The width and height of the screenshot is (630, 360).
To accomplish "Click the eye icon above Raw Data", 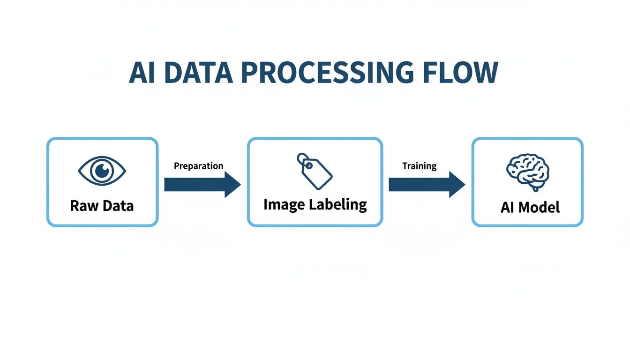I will click(x=102, y=171).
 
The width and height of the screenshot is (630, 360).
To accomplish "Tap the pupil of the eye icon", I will click(x=102, y=171).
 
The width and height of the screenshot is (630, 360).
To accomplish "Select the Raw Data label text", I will click(x=102, y=205).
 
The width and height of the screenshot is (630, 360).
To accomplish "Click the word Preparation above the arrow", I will click(x=198, y=166).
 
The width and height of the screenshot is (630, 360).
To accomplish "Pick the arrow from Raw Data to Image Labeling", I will click(x=202, y=185).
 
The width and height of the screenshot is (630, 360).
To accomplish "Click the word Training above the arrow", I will click(x=419, y=166).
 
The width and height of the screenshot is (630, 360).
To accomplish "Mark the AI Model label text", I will click(x=530, y=207).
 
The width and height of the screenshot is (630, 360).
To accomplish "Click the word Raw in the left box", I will click(x=82, y=205).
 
